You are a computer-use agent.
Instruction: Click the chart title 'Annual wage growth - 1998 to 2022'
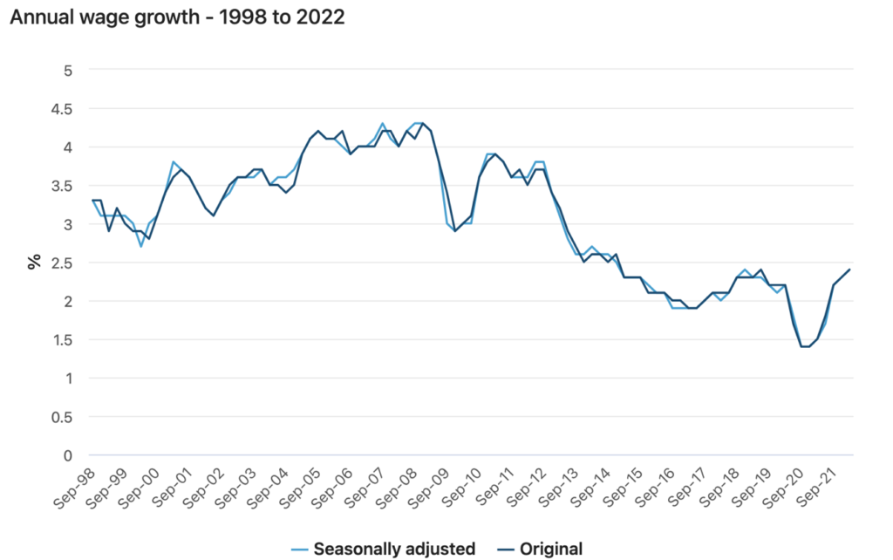pos(176,17)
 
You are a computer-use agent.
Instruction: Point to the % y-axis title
pos(35,262)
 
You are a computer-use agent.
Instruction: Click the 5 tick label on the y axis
pos(68,70)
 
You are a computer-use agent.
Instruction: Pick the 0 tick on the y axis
pos(68,454)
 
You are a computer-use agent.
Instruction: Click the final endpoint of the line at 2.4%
pos(849,270)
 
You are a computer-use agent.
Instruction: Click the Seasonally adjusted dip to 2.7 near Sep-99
pos(141,247)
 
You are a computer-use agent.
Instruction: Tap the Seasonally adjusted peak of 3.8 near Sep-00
pos(173,162)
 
